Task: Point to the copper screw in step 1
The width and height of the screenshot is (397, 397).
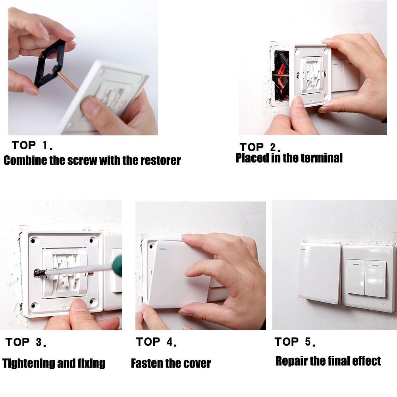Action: (x=68, y=82)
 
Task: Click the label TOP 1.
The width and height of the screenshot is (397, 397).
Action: (x=32, y=146)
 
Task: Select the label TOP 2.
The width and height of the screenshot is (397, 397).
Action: (x=260, y=147)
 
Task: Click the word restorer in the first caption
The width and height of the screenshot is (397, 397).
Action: (x=160, y=160)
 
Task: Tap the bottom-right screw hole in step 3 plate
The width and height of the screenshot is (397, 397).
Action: (x=94, y=305)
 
